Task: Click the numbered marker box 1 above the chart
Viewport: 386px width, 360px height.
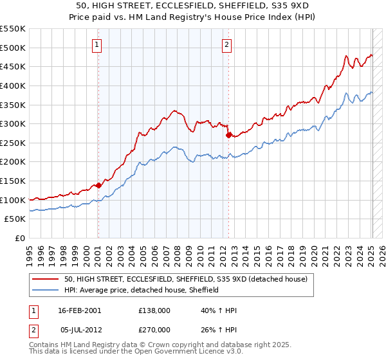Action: click(97, 45)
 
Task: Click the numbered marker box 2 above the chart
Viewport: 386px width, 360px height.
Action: click(228, 45)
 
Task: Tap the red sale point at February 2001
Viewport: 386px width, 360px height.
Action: click(98, 185)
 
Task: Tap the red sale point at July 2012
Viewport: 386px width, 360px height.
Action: click(228, 135)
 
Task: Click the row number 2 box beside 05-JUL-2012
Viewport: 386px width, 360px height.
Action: click(33, 329)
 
